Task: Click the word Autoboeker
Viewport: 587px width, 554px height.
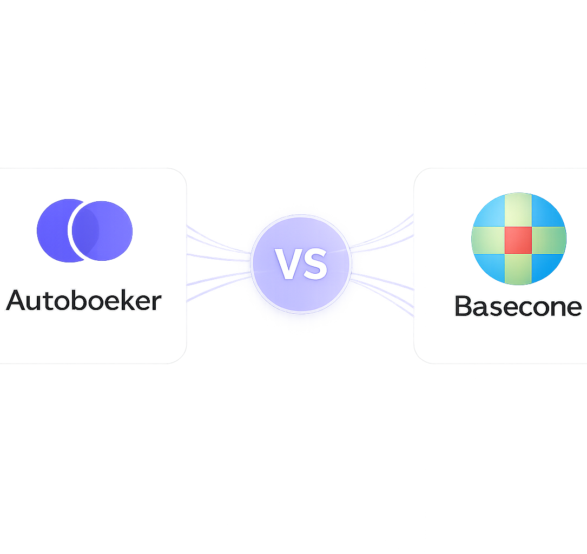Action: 84,300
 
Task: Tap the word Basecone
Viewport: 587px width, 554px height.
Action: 518,306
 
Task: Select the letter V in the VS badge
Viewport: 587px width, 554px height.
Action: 287,264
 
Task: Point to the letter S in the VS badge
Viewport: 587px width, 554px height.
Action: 315,264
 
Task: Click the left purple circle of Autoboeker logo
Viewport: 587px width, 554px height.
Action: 54,230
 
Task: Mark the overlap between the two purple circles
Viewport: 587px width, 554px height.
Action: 84,230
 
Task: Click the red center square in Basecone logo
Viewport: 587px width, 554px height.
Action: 518,240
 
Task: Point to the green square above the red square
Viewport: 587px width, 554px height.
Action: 518,210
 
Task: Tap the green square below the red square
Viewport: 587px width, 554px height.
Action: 518,268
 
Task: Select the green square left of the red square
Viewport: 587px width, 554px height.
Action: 488,240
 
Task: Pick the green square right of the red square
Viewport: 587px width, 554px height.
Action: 549,240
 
